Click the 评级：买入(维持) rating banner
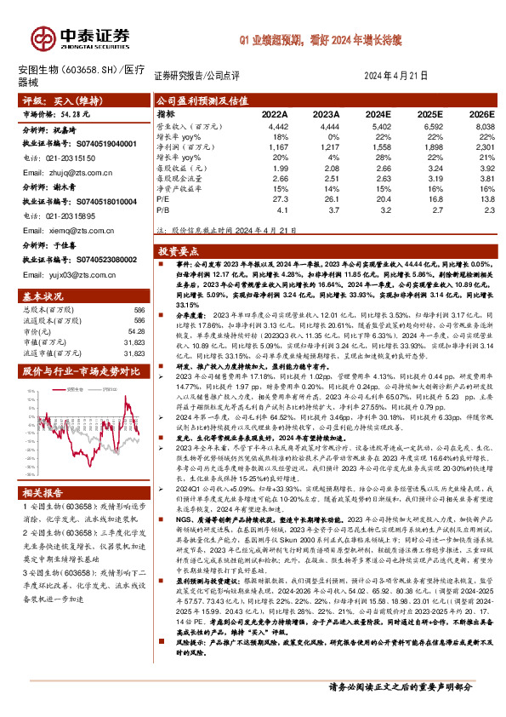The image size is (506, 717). pos(56,100)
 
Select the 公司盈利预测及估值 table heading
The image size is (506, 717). pos(196,100)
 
